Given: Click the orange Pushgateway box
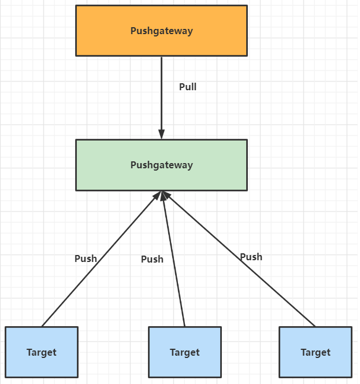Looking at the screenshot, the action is click(162, 31).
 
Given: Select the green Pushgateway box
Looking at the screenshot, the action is click(162, 165).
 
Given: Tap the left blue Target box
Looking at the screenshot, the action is click(42, 352).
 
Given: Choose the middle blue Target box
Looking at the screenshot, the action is click(185, 352).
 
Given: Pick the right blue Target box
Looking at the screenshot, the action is click(316, 352).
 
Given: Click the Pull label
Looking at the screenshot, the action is click(188, 87).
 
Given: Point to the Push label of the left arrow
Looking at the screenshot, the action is click(86, 259).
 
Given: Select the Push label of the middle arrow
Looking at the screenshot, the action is click(152, 259).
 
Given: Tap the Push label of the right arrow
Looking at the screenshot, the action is click(251, 257).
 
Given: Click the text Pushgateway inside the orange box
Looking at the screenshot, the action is click(162, 31).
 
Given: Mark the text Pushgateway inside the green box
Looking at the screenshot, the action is click(162, 165).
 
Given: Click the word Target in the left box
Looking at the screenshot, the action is click(42, 353).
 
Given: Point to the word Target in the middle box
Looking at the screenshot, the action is click(185, 353).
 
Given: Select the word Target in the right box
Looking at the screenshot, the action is click(316, 353).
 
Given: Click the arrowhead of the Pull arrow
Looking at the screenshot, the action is click(162, 134).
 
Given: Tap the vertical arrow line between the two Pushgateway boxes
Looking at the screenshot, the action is click(162, 98).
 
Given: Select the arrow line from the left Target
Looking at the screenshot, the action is click(101, 259).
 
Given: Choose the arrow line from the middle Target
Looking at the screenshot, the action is click(173, 259).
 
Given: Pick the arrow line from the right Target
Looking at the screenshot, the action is click(239, 259).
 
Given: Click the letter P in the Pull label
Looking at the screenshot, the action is click(182, 87).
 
